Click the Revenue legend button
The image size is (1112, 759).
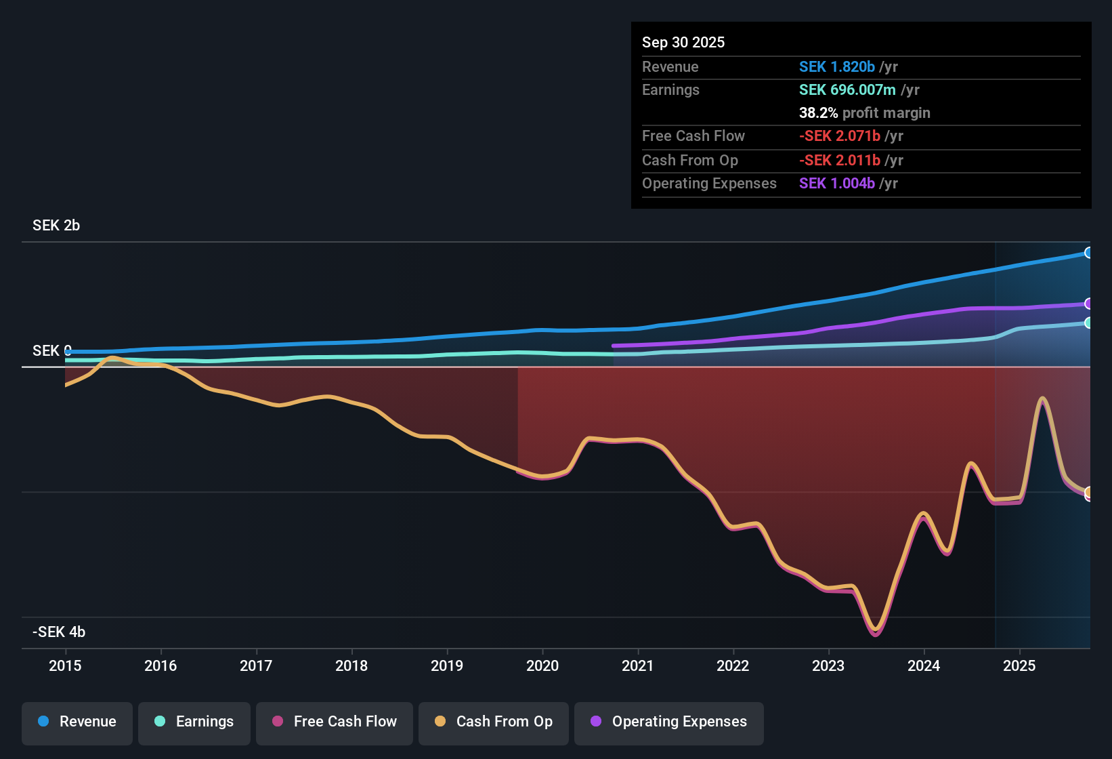(77, 722)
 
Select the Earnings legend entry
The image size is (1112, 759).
(194, 722)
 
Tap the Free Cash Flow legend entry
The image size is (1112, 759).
(335, 722)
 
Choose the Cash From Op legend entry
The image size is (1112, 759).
(494, 722)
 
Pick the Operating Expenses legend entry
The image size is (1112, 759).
(669, 722)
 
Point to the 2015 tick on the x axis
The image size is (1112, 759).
(65, 665)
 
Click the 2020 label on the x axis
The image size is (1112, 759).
(542, 665)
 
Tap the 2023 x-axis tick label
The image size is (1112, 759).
(828, 665)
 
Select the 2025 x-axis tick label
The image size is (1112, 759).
(1019, 665)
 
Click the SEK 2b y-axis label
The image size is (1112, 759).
(56, 226)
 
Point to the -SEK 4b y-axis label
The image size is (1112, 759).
(59, 632)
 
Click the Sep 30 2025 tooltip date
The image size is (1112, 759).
(683, 43)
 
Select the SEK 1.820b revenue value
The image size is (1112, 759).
(837, 67)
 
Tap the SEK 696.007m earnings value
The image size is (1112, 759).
(847, 90)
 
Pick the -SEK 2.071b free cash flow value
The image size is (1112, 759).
(840, 136)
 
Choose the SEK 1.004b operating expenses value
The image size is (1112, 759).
(837, 184)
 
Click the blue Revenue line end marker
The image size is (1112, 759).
(1088, 253)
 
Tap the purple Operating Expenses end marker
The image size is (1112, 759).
(1088, 304)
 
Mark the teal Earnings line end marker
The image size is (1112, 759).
(1088, 323)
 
